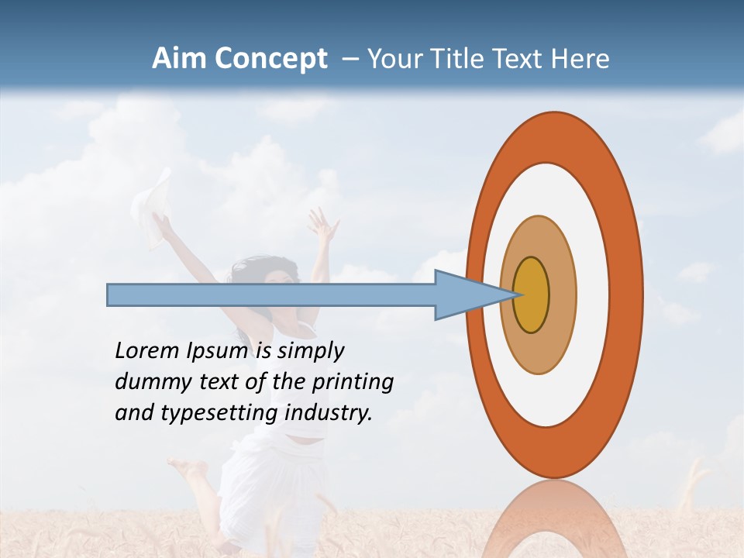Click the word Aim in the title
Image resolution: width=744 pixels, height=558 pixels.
pos(180,59)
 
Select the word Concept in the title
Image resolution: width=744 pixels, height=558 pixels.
pos(271,60)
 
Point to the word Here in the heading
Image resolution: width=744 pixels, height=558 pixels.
pos(580,59)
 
